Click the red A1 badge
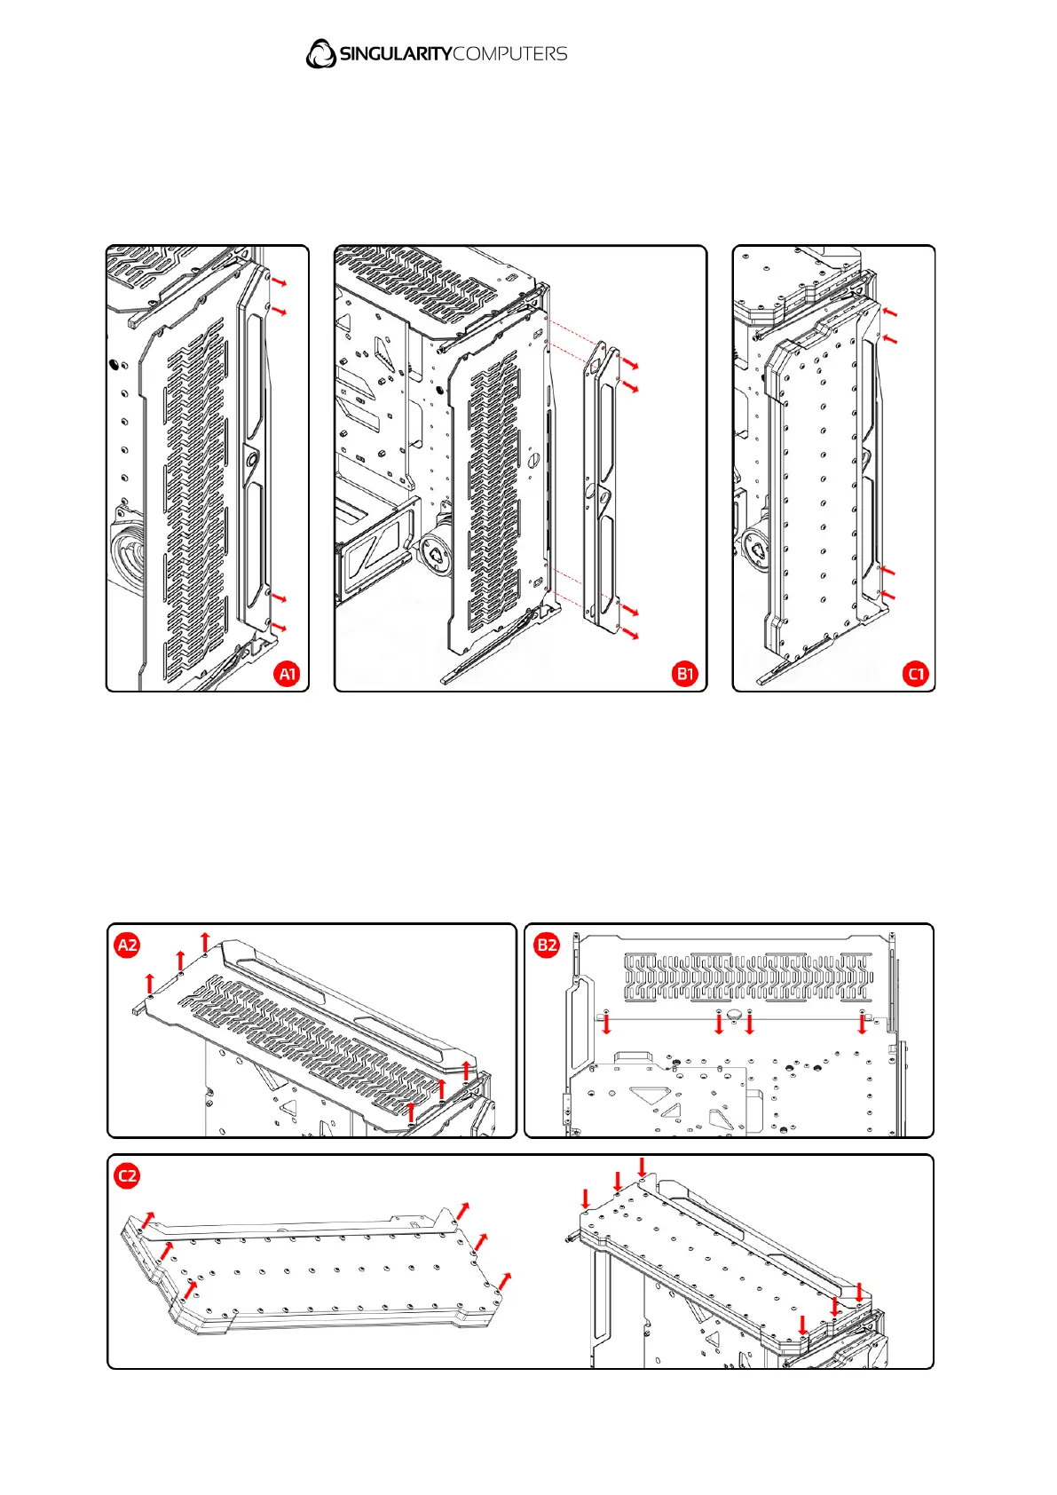(288, 674)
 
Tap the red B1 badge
(685, 674)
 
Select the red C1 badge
(916, 674)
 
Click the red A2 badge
(128, 945)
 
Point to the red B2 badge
(547, 945)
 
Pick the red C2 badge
(128, 1176)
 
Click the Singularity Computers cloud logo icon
(320, 53)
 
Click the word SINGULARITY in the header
(396, 54)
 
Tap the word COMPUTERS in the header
(510, 54)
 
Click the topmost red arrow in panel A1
(279, 282)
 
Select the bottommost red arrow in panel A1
(279, 628)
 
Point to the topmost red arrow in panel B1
(630, 364)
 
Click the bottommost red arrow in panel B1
(630, 634)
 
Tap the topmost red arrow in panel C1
(890, 312)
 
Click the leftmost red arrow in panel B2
(606, 1024)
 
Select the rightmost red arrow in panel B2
(862, 1024)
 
